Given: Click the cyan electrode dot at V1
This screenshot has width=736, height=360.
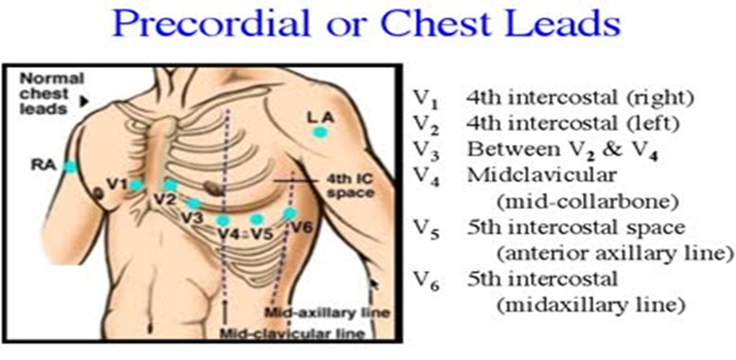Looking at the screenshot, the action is pos(136,186).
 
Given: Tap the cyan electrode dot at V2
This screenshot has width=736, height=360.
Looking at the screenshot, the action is pos(170,185).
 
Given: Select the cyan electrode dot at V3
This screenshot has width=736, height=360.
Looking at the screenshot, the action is pos(193,204).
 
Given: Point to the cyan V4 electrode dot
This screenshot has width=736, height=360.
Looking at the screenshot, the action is pos(223,220).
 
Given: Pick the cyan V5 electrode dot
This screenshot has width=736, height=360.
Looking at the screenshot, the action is pos(256,219).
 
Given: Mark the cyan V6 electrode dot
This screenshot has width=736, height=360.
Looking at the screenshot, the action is pos(290,214).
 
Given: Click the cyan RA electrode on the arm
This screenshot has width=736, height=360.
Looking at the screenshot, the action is pos(70,167).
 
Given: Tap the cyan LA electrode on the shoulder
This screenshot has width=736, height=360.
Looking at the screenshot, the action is pos(321,133).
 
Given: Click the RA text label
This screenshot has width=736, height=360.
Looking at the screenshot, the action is pos(48,166).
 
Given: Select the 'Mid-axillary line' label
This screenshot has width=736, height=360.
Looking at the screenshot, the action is pos(327,312).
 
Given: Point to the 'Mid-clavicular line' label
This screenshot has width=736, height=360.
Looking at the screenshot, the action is pos(292,334).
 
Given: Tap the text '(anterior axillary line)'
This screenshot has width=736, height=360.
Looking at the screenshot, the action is pos(613,254).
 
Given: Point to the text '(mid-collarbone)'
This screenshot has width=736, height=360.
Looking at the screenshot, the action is pos(587,202).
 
